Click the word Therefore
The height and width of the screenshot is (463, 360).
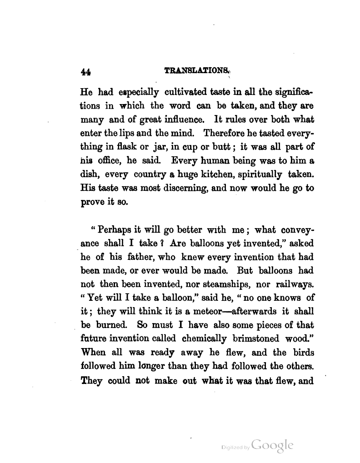(x=227, y=134)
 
